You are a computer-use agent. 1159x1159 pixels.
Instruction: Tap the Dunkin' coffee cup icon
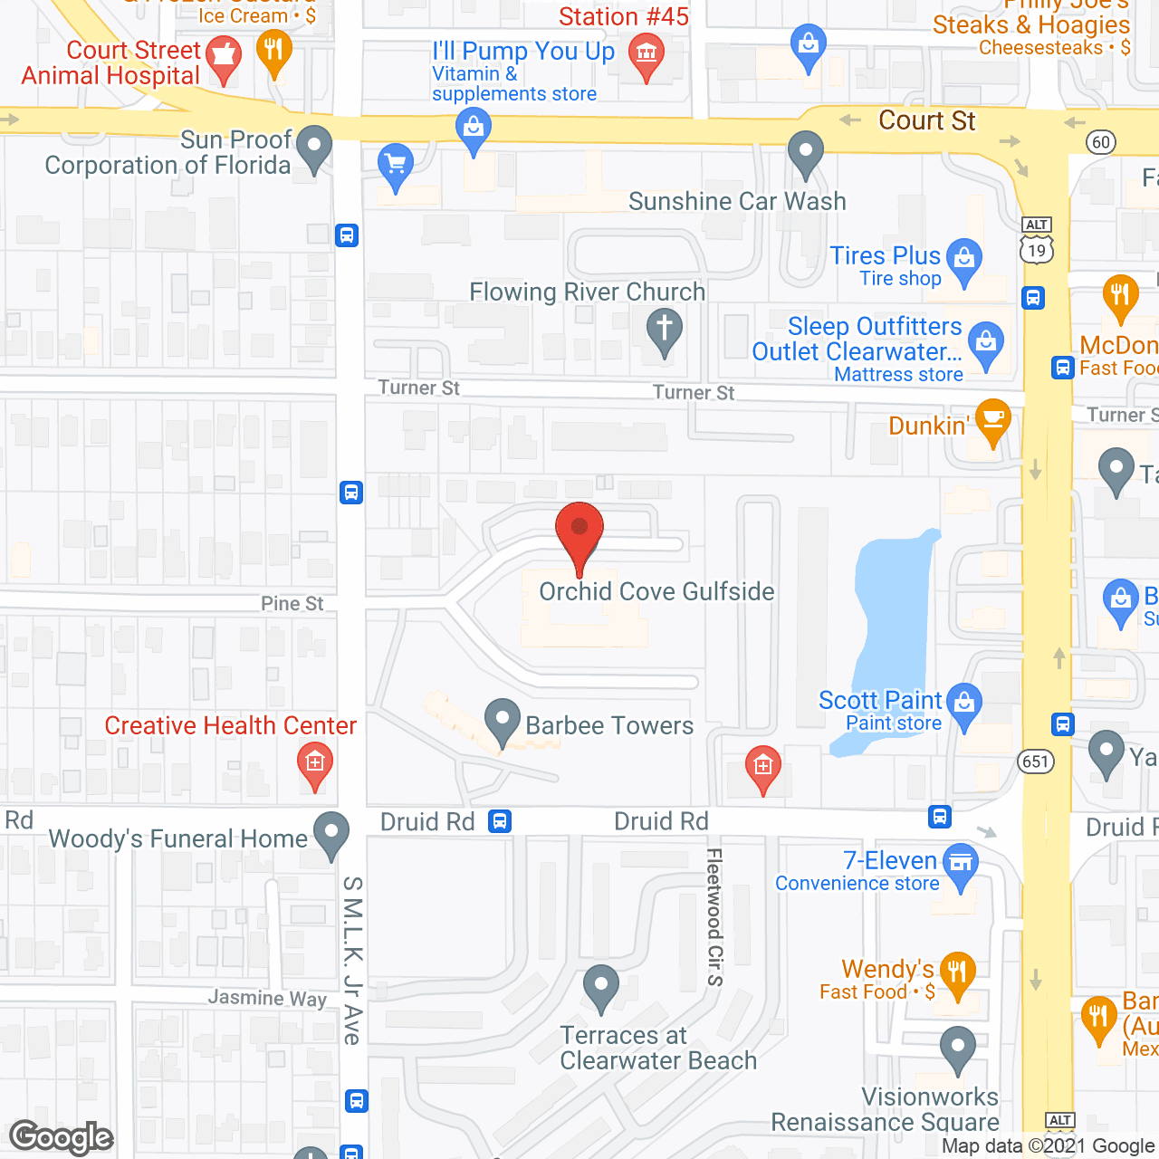pyautogui.click(x=993, y=420)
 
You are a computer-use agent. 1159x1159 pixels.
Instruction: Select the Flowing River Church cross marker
pyautogui.click(x=665, y=330)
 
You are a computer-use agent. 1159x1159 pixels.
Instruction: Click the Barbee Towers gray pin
pyautogui.click(x=502, y=722)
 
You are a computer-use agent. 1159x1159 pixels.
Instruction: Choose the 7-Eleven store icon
pyautogui.click(x=961, y=863)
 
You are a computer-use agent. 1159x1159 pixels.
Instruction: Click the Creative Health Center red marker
pyautogui.click(x=314, y=763)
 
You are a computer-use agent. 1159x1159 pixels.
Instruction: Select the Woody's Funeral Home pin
pyautogui.click(x=331, y=832)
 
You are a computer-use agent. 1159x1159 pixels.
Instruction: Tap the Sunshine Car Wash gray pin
pyautogui.click(x=805, y=152)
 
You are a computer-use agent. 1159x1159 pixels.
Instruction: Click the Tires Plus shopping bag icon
pyautogui.click(x=964, y=259)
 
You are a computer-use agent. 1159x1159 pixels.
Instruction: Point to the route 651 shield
pyautogui.click(x=1036, y=761)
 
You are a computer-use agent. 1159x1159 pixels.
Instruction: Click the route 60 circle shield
pyautogui.click(x=1101, y=142)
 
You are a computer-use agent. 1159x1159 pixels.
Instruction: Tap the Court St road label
pyautogui.click(x=926, y=120)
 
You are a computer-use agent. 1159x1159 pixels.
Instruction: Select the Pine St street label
pyautogui.click(x=292, y=604)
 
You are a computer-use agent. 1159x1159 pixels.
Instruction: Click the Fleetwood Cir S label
pyautogui.click(x=714, y=916)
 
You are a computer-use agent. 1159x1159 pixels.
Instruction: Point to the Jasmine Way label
pyautogui.click(x=267, y=998)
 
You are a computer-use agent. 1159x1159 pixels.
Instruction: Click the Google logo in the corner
pyautogui.click(x=62, y=1137)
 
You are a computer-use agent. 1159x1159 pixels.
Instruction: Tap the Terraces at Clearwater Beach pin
pyautogui.click(x=600, y=987)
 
